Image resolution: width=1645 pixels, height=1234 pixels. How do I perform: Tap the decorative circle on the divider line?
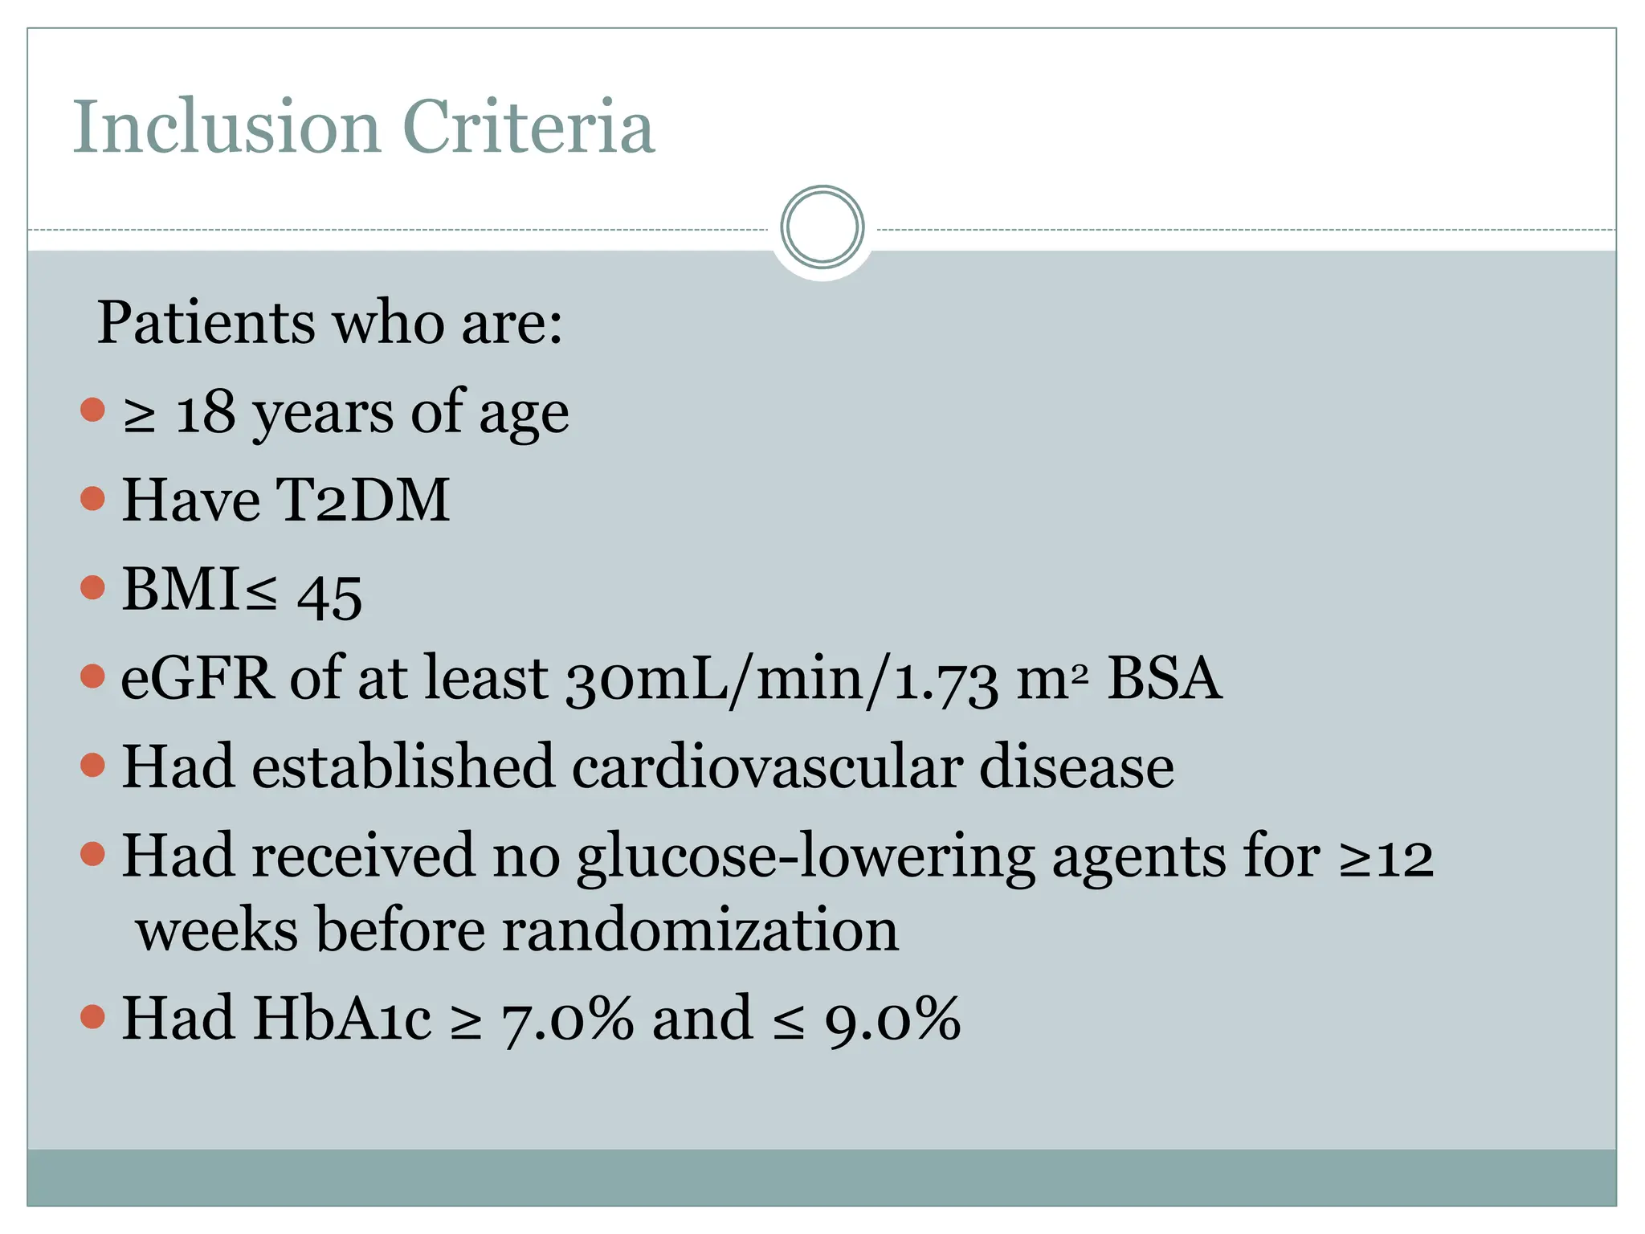822,227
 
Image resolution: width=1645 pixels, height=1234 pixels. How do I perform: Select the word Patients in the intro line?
206,323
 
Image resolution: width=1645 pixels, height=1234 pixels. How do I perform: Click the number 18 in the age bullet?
205,415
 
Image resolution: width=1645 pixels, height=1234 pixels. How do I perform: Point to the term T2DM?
362,501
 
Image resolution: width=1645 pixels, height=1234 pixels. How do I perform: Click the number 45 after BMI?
329,597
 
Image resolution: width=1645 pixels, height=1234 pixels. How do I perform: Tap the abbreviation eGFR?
197,679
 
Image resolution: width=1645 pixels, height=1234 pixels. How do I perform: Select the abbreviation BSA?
1164,679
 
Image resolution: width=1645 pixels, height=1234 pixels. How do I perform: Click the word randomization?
700,930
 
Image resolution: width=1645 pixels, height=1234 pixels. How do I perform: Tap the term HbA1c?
342,1019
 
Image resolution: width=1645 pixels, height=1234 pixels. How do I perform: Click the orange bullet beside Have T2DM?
93,499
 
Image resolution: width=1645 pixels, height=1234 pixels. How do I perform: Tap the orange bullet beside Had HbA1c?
93,1017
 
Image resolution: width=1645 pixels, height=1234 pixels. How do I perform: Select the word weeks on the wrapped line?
216,930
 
